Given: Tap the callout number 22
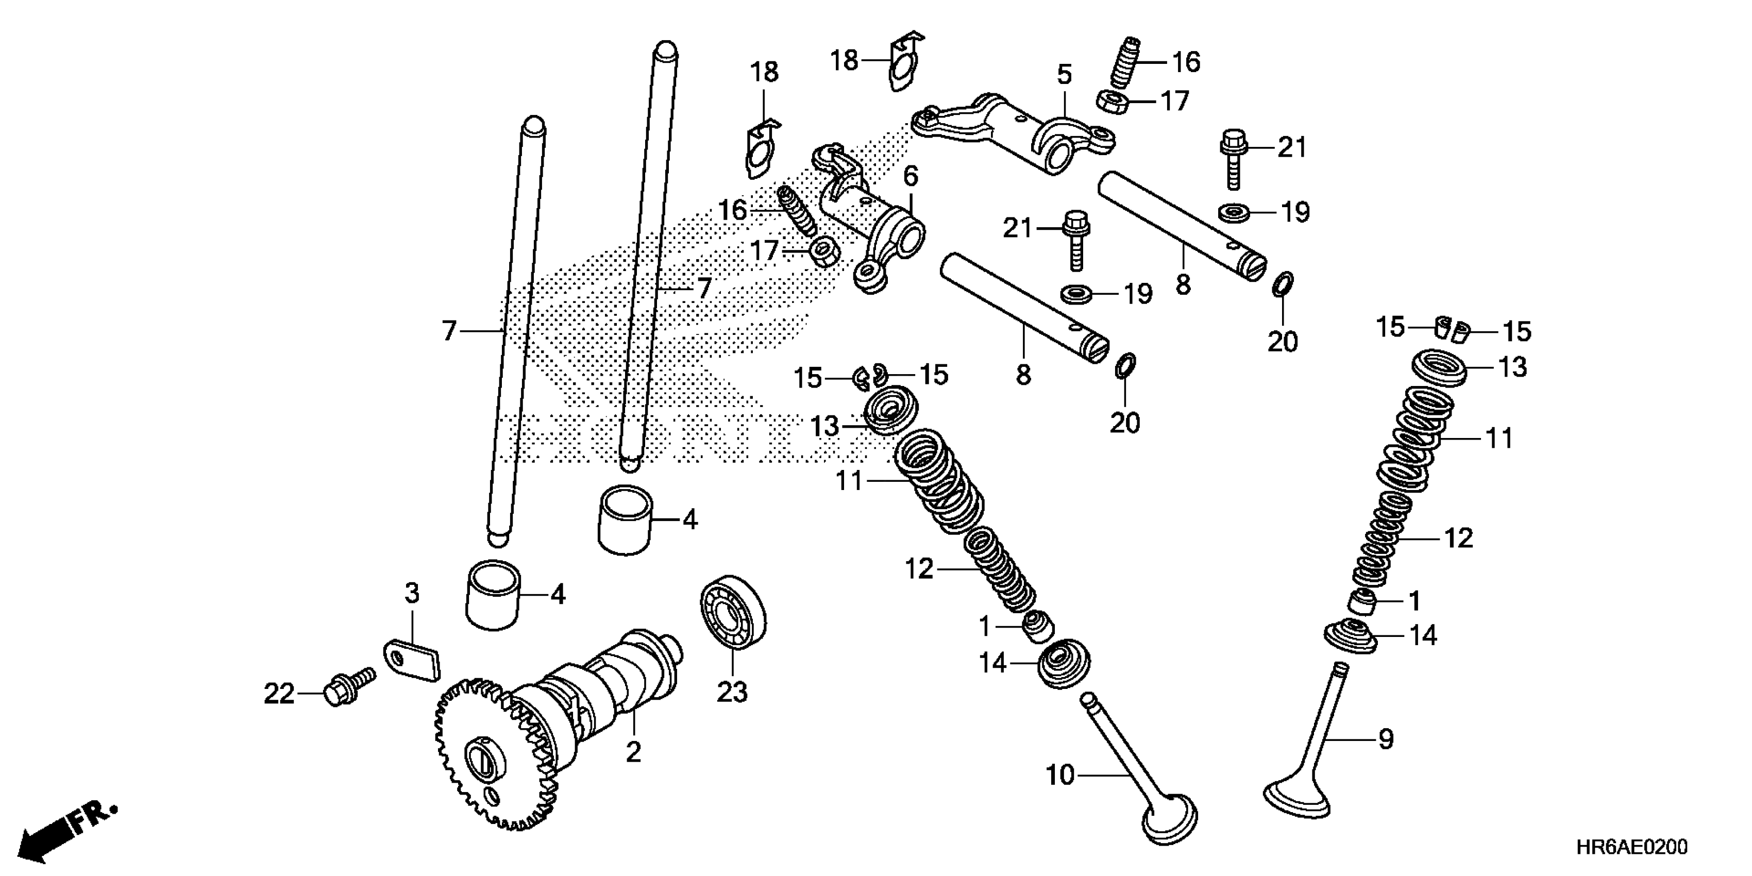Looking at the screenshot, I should click(279, 695).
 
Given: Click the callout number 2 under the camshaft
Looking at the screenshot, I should click(633, 752).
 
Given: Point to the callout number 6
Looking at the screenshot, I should click(911, 177).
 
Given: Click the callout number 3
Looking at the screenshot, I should click(412, 594).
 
